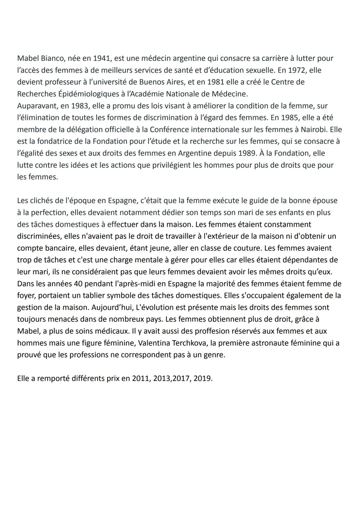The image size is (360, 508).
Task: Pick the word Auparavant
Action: [x=37, y=106]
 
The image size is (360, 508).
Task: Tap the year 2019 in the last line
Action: [x=202, y=379]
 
